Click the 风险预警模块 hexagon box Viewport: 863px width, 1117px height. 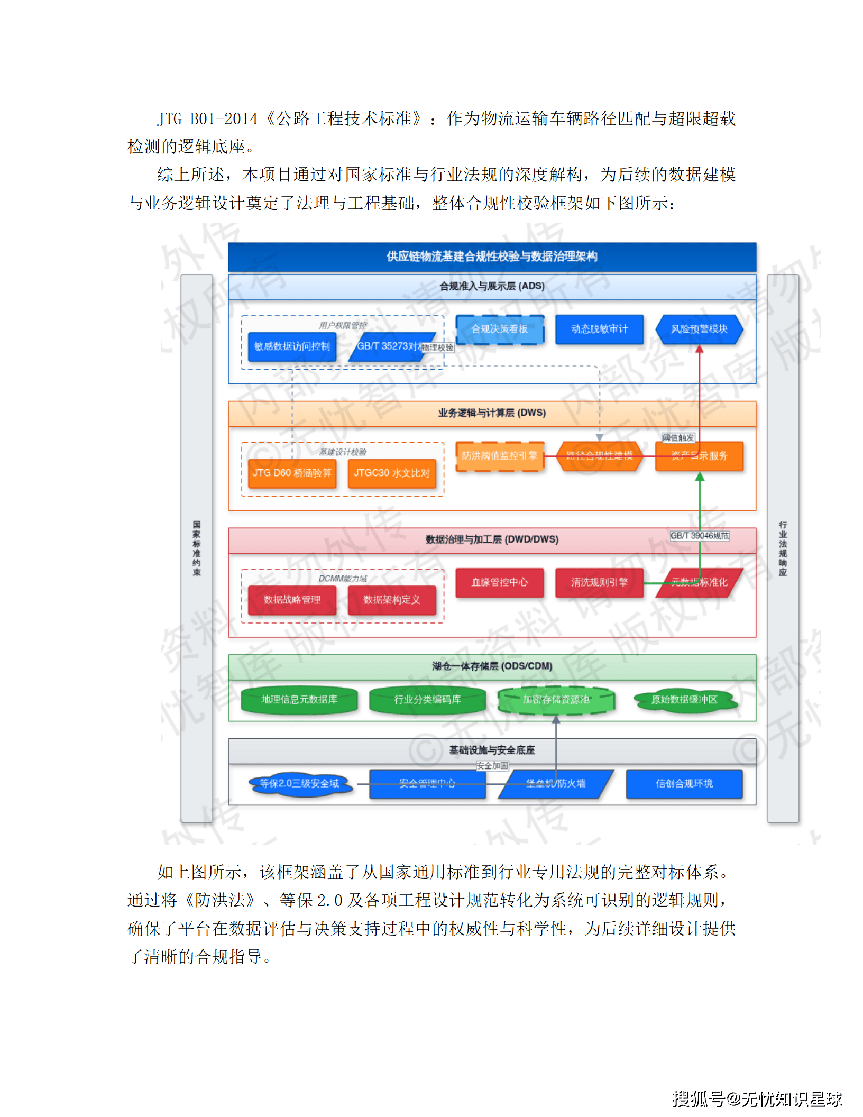point(699,329)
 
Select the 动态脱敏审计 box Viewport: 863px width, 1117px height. point(599,329)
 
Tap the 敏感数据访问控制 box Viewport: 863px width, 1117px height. point(292,346)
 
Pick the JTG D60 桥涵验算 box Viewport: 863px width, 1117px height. point(292,473)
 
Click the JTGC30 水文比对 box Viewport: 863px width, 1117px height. point(392,473)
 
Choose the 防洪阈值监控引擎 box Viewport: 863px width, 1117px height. point(500,455)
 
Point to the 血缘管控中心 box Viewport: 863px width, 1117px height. point(500,582)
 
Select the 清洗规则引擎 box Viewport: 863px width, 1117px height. point(599,582)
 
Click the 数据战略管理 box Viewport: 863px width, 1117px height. point(292,600)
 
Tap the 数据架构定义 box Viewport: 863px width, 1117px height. point(392,600)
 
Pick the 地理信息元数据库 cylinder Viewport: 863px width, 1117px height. point(299,700)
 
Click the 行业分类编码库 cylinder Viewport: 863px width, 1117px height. point(427,700)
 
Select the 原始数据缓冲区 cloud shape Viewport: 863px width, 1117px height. point(684,700)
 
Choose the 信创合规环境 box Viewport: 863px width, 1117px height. point(684,783)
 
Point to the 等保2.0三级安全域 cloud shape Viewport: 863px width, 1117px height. point(299,783)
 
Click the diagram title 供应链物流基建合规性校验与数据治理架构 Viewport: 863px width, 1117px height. point(492,257)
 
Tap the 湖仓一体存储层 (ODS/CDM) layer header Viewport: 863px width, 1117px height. point(492,666)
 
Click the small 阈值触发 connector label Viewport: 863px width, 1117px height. point(678,437)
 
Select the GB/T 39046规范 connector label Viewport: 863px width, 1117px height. point(700,536)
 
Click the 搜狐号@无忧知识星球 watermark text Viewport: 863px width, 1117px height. point(757,1098)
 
